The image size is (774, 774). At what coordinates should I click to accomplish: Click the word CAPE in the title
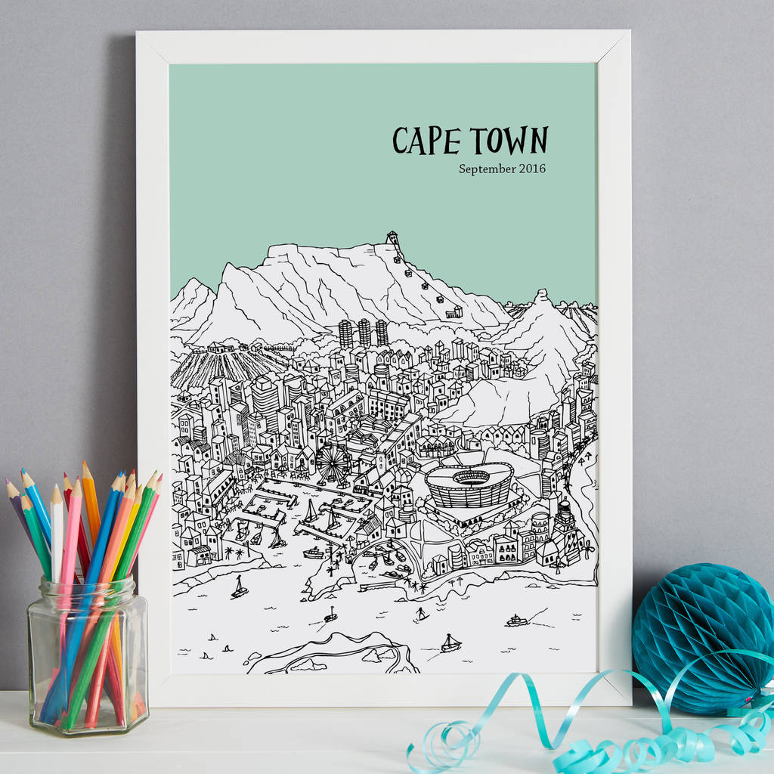tap(427, 141)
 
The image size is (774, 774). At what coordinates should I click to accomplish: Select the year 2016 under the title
tap(532, 169)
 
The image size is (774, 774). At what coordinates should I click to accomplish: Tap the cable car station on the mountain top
tap(392, 239)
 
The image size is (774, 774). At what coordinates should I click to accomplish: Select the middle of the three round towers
tap(364, 332)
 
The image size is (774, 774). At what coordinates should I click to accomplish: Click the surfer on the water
tap(420, 614)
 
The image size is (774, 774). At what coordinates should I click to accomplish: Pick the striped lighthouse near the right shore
tap(564, 519)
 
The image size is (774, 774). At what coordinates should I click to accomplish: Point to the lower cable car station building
tap(454, 311)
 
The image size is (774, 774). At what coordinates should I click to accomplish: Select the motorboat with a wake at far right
tap(517, 621)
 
